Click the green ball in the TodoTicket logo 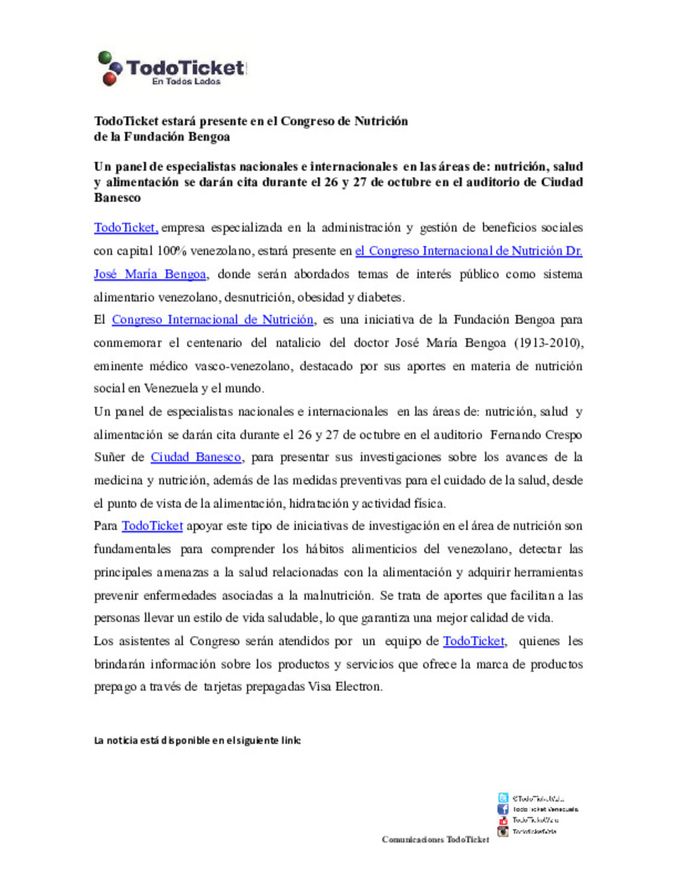104,58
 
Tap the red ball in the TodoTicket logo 109,79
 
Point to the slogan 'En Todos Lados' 186,82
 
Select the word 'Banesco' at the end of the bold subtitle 117,198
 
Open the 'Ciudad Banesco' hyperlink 196,457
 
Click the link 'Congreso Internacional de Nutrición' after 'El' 212,320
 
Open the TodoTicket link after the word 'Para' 152,526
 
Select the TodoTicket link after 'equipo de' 473,641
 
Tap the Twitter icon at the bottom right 503,798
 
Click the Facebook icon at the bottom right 503,810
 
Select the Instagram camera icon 503,832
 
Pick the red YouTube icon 503,820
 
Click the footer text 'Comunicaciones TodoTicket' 435,840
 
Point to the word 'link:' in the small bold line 291,740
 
